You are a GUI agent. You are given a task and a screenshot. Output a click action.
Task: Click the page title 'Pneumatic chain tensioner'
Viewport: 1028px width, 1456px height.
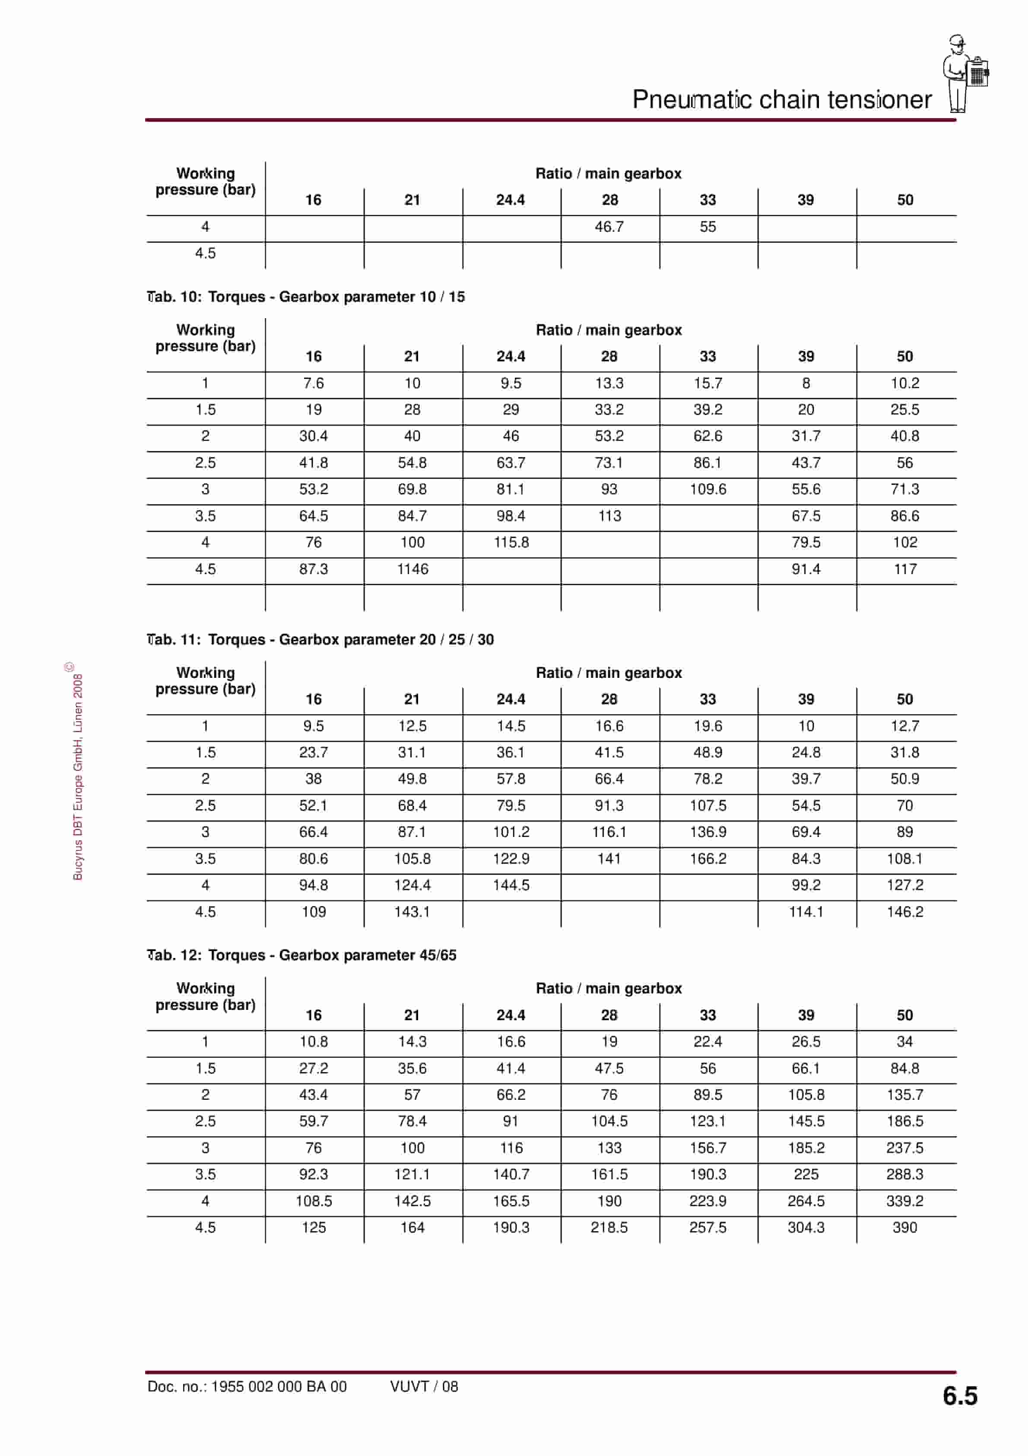click(x=781, y=99)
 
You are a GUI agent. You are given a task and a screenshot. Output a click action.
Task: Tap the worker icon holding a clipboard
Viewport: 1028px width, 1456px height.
click(x=965, y=73)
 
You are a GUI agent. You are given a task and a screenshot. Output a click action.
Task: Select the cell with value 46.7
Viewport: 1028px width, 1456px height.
click(x=609, y=227)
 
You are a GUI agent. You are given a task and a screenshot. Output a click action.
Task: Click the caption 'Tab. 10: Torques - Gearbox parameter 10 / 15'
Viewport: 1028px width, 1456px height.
click(x=306, y=297)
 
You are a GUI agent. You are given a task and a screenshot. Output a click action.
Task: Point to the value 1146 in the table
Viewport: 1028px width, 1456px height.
click(x=412, y=569)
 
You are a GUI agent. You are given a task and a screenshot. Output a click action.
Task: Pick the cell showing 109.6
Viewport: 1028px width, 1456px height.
click(x=708, y=489)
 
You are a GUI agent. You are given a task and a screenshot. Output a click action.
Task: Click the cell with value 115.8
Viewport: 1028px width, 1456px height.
click(x=511, y=542)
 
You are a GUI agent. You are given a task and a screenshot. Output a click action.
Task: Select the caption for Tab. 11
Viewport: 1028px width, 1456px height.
click(x=320, y=639)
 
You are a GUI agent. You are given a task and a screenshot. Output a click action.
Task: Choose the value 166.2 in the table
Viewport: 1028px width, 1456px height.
click(x=708, y=858)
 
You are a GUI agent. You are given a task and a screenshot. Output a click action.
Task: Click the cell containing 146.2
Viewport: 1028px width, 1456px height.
click(x=904, y=911)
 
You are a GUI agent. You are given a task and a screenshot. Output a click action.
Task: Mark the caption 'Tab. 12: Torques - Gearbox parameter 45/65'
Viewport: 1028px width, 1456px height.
click(x=301, y=955)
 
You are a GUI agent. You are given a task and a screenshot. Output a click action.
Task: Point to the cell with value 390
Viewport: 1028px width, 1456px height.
click(x=904, y=1227)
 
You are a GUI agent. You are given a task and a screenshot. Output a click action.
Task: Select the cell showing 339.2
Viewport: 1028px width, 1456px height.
click(x=904, y=1201)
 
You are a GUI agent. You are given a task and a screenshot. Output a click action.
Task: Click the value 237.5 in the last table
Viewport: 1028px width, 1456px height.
click(x=904, y=1148)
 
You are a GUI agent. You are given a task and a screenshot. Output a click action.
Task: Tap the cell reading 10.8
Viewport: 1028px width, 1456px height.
click(x=314, y=1041)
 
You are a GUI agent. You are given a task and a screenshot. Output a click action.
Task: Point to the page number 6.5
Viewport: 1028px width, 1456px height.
click(x=960, y=1396)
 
